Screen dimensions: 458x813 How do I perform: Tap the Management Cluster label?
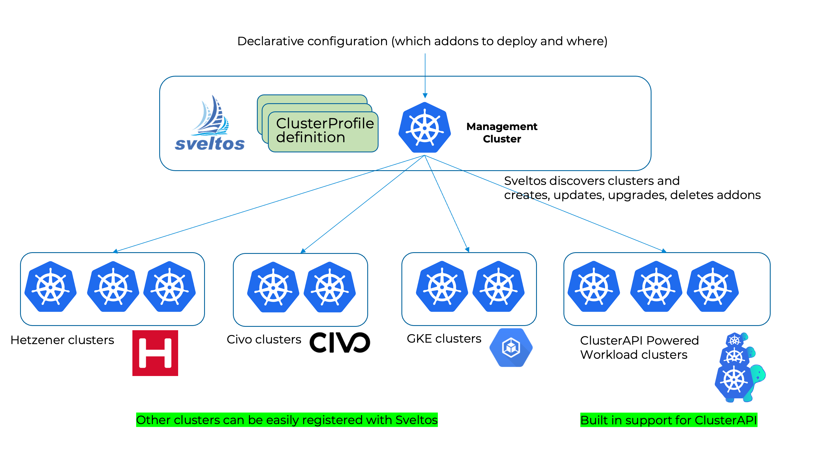tap(502, 133)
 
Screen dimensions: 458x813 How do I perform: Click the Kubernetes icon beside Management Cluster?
tap(425, 128)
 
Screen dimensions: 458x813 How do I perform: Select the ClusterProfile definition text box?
tap(323, 131)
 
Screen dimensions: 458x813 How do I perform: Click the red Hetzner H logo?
tap(155, 353)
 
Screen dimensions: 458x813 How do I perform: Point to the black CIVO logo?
tap(340, 342)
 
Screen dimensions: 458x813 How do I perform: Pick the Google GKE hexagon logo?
tap(511, 347)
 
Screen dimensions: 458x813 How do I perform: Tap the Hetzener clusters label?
tap(62, 340)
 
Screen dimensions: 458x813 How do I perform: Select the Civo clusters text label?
tap(264, 340)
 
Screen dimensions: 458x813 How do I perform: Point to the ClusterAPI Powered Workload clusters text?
tap(639, 347)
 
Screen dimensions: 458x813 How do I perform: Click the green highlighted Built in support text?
tap(668, 420)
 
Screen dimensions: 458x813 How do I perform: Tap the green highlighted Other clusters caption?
tap(287, 420)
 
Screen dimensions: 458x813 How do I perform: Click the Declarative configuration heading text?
tap(422, 41)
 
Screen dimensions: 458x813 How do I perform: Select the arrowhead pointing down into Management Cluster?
tap(425, 96)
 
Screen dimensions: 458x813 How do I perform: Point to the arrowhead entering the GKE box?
tap(467, 249)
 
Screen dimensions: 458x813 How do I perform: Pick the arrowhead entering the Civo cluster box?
tap(303, 251)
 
